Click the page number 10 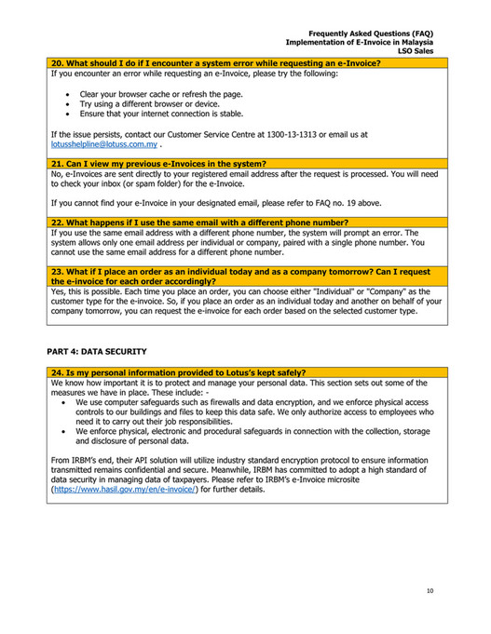click(x=429, y=590)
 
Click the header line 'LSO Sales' click(x=416, y=51)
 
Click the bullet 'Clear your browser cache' click(x=161, y=95)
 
